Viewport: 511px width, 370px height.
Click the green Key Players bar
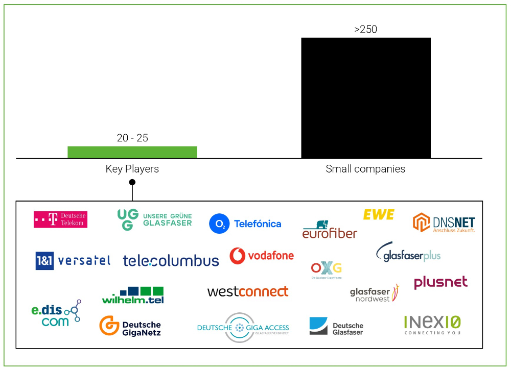point(132,152)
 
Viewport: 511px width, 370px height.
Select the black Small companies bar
point(366,98)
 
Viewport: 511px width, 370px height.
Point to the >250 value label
point(366,30)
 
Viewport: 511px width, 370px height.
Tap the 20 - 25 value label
point(132,138)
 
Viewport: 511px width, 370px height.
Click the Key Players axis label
point(132,169)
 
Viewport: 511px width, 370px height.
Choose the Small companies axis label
point(365,169)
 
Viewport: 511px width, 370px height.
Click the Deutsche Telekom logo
point(60,219)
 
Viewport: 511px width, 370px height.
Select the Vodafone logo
point(262,256)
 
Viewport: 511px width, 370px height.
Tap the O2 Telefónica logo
point(245,224)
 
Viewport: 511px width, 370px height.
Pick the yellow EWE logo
point(379,214)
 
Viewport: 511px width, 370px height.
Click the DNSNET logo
point(444,223)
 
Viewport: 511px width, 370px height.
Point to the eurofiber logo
point(330,230)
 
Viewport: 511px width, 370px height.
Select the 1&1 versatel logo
point(73,261)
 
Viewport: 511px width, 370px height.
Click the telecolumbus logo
point(171,261)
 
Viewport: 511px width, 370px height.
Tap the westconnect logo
point(248,291)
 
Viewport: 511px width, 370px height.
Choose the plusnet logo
point(440,282)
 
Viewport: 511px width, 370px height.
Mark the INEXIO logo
point(432,325)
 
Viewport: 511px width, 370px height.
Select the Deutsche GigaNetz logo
point(130,327)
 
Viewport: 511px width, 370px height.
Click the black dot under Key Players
point(132,182)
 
